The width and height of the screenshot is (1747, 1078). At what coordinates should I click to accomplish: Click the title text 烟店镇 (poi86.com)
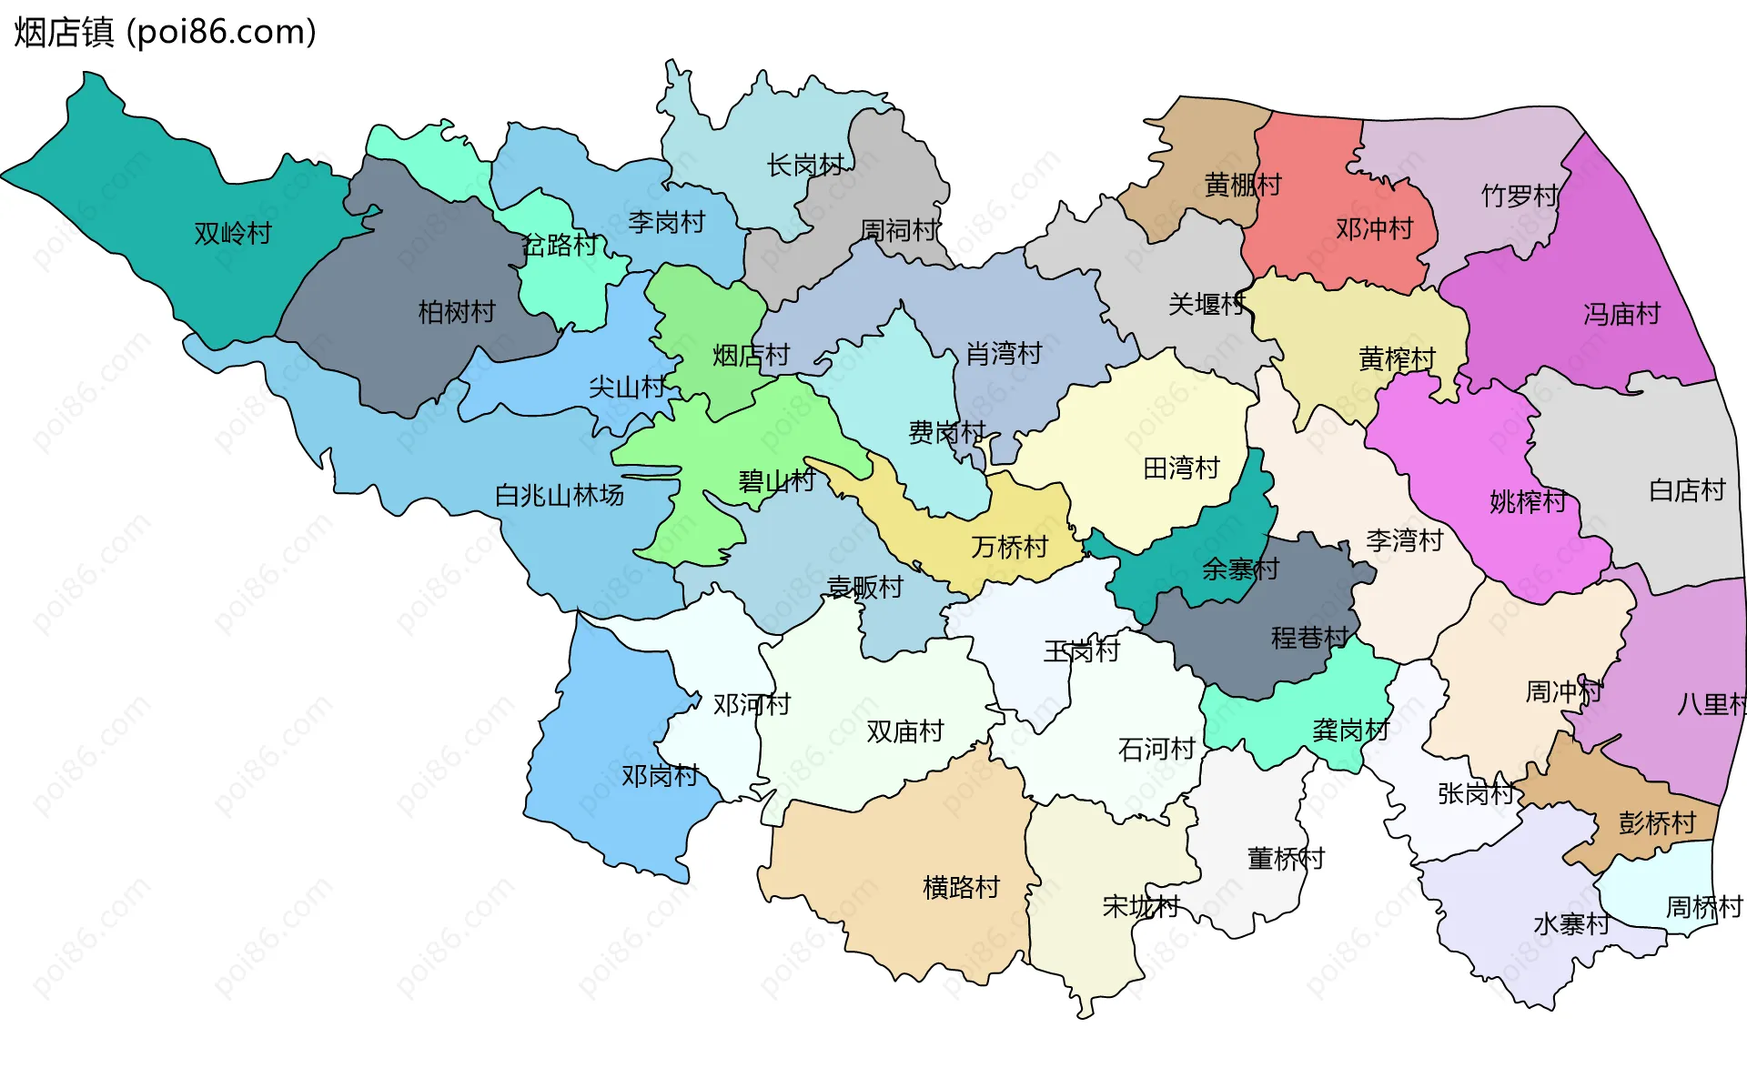click(165, 32)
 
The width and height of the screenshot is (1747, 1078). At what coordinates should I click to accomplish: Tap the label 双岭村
click(233, 234)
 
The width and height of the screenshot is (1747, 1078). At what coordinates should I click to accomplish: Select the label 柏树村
click(456, 312)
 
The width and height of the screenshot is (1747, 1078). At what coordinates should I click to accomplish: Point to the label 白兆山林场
click(559, 495)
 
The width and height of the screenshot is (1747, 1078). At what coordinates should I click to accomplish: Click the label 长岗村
click(804, 166)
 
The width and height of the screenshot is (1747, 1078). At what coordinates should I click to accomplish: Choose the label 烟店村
click(750, 355)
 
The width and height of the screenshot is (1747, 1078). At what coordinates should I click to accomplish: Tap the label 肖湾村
click(1003, 353)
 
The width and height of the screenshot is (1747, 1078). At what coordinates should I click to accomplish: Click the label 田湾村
click(1180, 468)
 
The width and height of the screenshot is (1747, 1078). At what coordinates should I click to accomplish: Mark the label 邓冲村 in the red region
click(1374, 228)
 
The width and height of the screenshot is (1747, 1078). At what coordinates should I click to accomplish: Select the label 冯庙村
click(1621, 315)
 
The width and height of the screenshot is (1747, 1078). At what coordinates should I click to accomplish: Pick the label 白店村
click(1686, 490)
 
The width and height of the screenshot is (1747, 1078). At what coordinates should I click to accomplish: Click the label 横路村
click(961, 887)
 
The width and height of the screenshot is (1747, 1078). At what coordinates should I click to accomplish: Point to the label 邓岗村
click(660, 776)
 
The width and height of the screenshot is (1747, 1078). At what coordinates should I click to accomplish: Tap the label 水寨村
click(1570, 924)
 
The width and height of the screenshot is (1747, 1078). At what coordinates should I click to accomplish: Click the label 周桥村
click(1702, 907)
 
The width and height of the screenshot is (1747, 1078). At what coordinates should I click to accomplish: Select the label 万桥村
click(1009, 547)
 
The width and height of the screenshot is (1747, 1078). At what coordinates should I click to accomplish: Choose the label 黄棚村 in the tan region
click(1242, 185)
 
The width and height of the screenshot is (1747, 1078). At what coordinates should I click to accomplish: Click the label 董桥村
click(1285, 858)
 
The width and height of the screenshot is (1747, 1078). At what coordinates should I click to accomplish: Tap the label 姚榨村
click(1527, 501)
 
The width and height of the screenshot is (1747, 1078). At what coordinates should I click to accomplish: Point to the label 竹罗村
click(1519, 196)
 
